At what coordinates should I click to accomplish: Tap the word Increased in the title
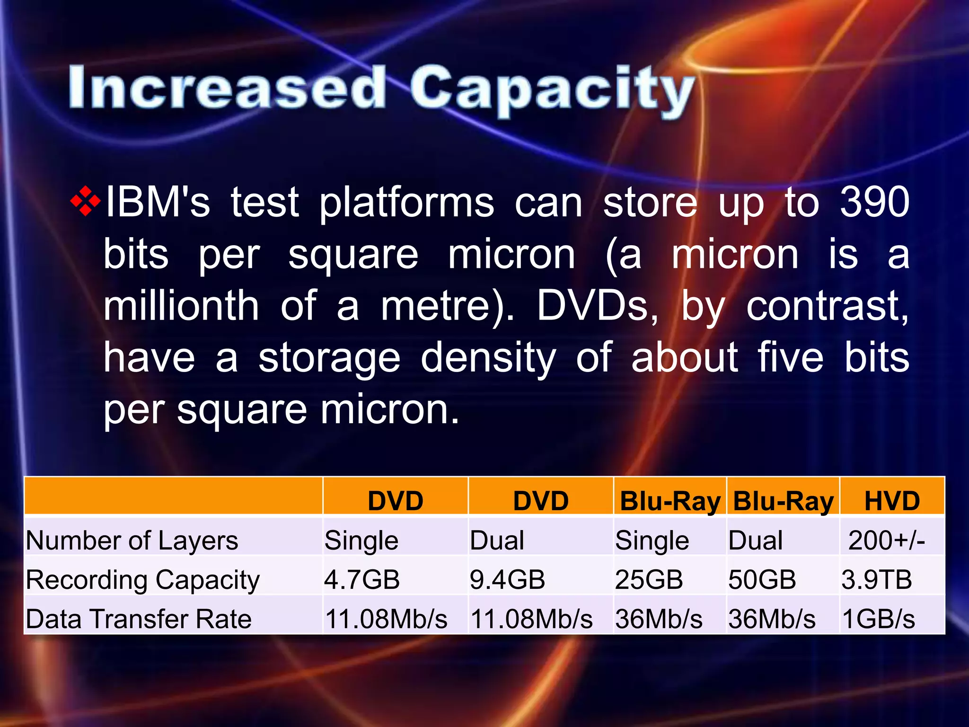[227, 88]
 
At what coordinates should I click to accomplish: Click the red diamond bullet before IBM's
[86, 202]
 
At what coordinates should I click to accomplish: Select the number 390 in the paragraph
[874, 202]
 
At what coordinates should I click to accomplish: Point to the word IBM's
[157, 203]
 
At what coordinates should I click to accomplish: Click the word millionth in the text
[181, 306]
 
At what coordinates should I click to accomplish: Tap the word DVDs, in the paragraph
[597, 306]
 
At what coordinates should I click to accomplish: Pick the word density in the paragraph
[488, 358]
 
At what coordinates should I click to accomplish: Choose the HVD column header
[892, 501]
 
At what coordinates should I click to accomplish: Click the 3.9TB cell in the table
[877, 579]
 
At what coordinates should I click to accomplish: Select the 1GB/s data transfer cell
[879, 619]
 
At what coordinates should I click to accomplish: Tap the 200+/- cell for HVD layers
[886, 540]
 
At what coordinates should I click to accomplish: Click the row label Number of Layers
[132, 541]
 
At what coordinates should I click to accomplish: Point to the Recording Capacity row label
[143, 580]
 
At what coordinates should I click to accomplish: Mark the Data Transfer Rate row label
[139, 619]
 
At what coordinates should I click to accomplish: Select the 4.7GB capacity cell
[362, 579]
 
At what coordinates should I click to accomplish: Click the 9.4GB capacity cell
[507, 579]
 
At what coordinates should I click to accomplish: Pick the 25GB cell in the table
[649, 579]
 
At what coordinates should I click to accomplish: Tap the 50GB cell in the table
[762, 579]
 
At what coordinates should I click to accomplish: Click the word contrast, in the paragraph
[827, 306]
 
